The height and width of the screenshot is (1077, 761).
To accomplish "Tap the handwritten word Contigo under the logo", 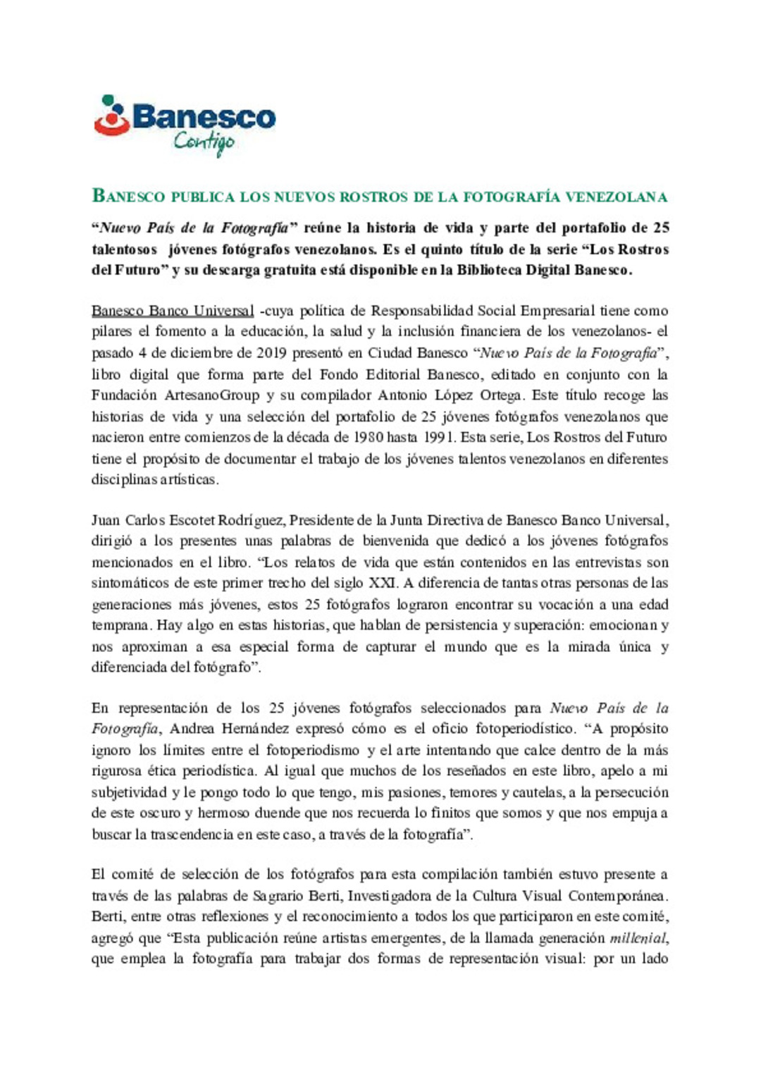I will [204, 142].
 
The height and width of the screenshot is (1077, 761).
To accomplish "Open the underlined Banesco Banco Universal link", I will [173, 311].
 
